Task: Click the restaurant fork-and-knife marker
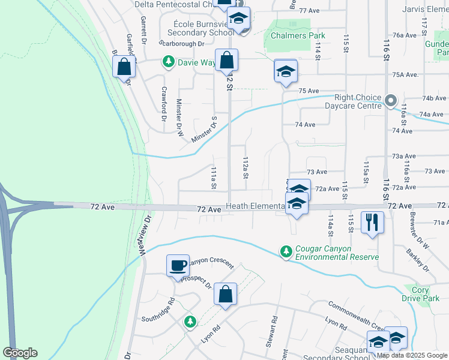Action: pyautogui.click(x=372, y=223)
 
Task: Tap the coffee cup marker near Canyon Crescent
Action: pyautogui.click(x=178, y=266)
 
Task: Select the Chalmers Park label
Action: pyautogui.click(x=297, y=35)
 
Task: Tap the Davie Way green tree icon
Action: pyautogui.click(x=169, y=61)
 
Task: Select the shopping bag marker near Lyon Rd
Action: pyautogui.click(x=225, y=294)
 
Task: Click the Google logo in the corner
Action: pyautogui.click(x=20, y=353)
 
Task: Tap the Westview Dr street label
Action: pyautogui.click(x=145, y=236)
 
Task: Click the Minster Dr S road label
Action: pyautogui.click(x=205, y=131)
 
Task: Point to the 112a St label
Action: pyautogui.click(x=245, y=167)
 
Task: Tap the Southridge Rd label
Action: pyautogui.click(x=163, y=308)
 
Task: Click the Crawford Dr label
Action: pyautogui.click(x=163, y=103)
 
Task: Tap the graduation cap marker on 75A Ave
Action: pyautogui.click(x=286, y=71)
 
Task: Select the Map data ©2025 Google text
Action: pyautogui.click(x=412, y=355)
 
